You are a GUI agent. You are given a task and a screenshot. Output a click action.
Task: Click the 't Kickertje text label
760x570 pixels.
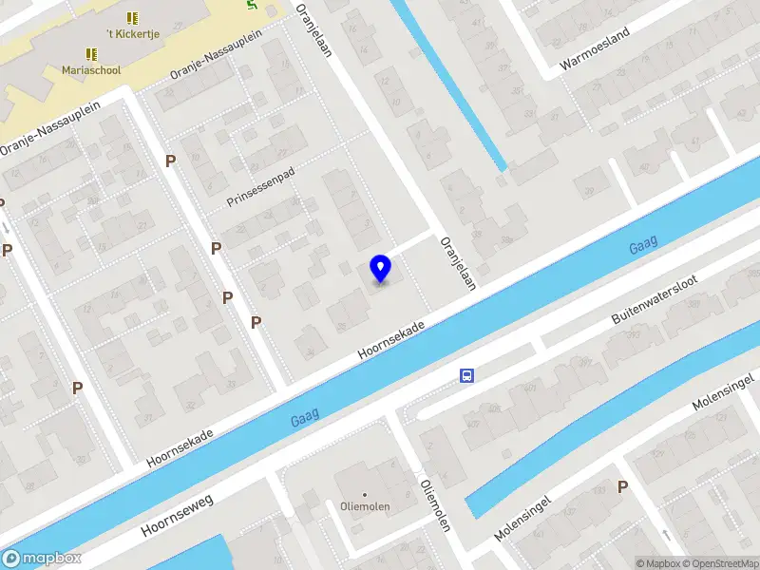tap(132, 34)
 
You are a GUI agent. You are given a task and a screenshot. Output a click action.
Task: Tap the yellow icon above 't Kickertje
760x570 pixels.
tap(132, 18)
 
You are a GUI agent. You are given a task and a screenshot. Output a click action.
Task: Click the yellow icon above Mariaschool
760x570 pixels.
tap(91, 54)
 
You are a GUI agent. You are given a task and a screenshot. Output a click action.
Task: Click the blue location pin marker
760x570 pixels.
tap(381, 269)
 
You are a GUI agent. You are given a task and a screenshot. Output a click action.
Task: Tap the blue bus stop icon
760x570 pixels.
tap(467, 375)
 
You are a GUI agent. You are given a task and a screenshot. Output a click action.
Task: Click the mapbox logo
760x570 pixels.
tap(42, 559)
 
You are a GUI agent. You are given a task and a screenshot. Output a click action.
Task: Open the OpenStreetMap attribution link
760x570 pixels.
tap(720, 563)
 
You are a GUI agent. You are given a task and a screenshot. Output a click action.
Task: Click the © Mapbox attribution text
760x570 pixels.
tap(657, 563)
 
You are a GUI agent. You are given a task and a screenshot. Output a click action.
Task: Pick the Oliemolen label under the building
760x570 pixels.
tap(365, 506)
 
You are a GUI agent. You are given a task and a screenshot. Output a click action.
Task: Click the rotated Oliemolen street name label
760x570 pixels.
tap(434, 503)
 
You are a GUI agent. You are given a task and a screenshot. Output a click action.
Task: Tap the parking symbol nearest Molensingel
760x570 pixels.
tap(623, 486)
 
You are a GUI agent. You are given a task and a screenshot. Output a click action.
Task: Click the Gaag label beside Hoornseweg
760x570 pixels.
tap(305, 416)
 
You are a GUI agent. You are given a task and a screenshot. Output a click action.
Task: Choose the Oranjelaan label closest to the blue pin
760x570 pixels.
tap(457, 262)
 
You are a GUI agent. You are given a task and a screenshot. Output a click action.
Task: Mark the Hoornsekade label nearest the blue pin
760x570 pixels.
tap(390, 338)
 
